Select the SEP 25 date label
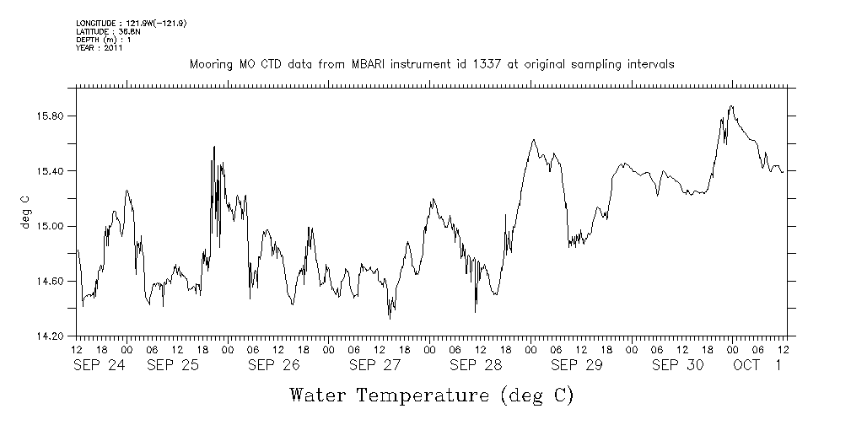tap(173, 365)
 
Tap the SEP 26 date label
tap(274, 365)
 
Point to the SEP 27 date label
tap(375, 365)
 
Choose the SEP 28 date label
tap(476, 365)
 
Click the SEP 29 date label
tap(577, 365)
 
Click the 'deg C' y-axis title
tap(25, 214)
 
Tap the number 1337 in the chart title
tap(501, 65)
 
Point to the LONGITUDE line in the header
tap(131, 23)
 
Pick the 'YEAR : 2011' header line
tap(100, 48)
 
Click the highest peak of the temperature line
tap(731, 106)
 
